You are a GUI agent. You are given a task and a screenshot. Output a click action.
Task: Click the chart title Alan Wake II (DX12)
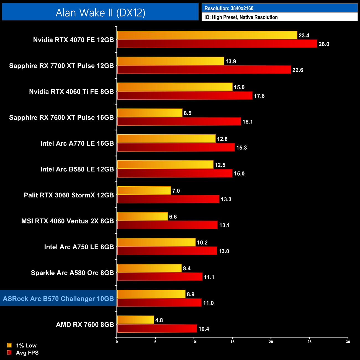(100, 12)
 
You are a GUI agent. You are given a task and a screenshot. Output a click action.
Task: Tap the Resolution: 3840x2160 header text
(229, 8)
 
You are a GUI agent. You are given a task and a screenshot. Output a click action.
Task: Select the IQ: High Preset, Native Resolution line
(241, 17)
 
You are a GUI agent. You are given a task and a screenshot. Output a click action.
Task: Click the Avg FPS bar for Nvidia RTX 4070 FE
(217, 44)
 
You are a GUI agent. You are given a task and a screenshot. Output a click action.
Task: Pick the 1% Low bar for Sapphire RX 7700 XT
(170, 61)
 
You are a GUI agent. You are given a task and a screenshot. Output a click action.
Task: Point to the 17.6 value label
(259, 96)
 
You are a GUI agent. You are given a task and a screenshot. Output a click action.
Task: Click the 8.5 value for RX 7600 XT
(187, 113)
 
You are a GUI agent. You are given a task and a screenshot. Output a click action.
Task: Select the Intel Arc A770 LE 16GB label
(77, 143)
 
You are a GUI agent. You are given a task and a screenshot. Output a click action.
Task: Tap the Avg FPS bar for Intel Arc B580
(174, 173)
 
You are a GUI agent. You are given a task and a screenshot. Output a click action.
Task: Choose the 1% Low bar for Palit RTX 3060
(144, 191)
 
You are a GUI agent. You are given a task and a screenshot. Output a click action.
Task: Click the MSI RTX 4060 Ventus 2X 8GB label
(68, 221)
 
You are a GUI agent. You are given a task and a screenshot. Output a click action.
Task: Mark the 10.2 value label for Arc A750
(202, 243)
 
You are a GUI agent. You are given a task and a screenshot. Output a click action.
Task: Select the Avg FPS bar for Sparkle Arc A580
(160, 277)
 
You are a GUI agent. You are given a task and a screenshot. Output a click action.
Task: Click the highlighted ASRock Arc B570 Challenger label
(58, 299)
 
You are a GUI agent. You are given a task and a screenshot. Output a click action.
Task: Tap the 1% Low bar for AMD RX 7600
(135, 320)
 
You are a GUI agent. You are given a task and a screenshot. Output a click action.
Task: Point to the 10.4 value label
(204, 329)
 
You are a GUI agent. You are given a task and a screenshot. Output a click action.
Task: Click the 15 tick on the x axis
(232, 342)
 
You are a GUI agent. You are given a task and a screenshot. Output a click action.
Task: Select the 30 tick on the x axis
(348, 342)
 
